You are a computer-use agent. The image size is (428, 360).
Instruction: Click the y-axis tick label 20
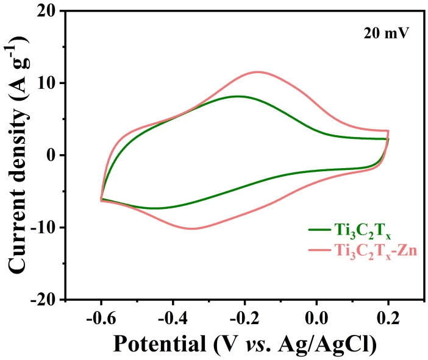click(46, 11)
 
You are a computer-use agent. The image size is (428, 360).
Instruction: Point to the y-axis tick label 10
click(46, 83)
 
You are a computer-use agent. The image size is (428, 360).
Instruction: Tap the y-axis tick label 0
click(52, 155)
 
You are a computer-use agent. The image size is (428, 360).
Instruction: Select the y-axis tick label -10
click(43, 227)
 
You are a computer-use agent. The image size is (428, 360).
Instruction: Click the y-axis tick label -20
click(43, 300)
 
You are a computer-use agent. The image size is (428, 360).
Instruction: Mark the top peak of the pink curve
click(259, 72)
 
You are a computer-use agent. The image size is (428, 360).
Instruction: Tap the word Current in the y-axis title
click(20, 231)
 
